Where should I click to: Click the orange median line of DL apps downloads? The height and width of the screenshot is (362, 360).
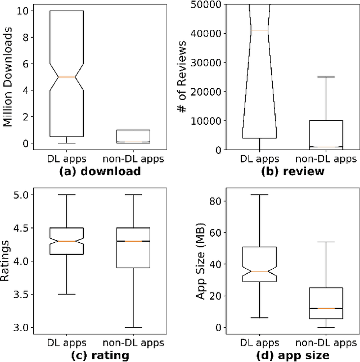(67, 76)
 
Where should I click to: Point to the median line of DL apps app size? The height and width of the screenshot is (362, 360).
(259, 271)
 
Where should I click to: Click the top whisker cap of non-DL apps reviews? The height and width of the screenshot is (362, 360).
(326, 77)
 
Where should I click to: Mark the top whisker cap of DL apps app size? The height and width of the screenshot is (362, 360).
(259, 195)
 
